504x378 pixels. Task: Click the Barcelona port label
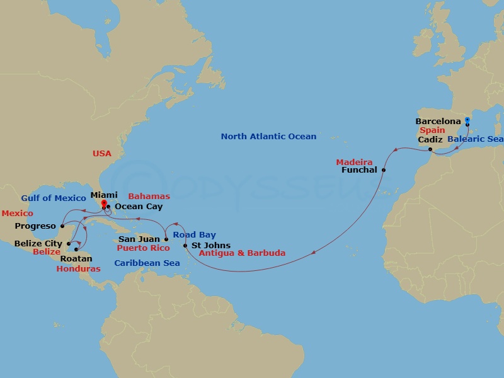point(438,121)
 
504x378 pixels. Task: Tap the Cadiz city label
point(431,139)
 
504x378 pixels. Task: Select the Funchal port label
point(358,170)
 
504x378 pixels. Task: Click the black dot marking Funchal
point(384,170)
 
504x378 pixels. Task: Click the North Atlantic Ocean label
point(268,136)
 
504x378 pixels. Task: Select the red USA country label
point(102,153)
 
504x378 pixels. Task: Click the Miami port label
point(103,195)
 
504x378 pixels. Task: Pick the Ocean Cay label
point(139,207)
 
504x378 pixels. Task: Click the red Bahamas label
point(149,197)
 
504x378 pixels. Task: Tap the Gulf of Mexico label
point(53,198)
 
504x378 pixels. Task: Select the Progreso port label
point(35,226)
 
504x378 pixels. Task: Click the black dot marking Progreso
point(62,226)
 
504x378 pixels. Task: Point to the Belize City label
point(40,243)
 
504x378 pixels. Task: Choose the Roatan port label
point(76,258)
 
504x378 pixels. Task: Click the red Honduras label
point(78,268)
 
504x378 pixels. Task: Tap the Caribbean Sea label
point(147,263)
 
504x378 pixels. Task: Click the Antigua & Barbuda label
point(242,253)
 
